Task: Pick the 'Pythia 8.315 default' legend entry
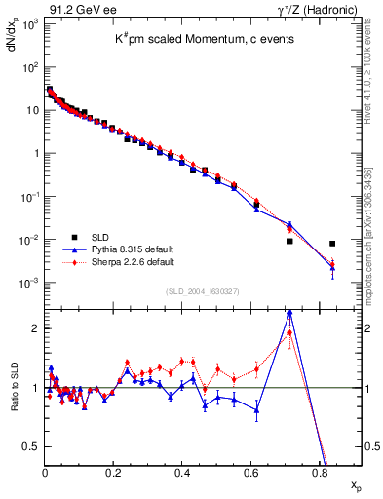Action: pyautogui.click(x=118, y=249)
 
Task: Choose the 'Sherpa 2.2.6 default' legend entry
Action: pyautogui.click(x=118, y=262)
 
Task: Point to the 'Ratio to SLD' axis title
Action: pyautogui.click(x=13, y=406)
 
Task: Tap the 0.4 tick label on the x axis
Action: pyautogui.click(x=181, y=472)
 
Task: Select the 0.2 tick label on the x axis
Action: pyautogui.click(x=113, y=472)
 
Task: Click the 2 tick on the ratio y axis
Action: pyautogui.click(x=35, y=328)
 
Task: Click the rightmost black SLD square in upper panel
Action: pyautogui.click(x=332, y=244)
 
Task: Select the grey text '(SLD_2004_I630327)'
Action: pyautogui.click(x=203, y=291)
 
